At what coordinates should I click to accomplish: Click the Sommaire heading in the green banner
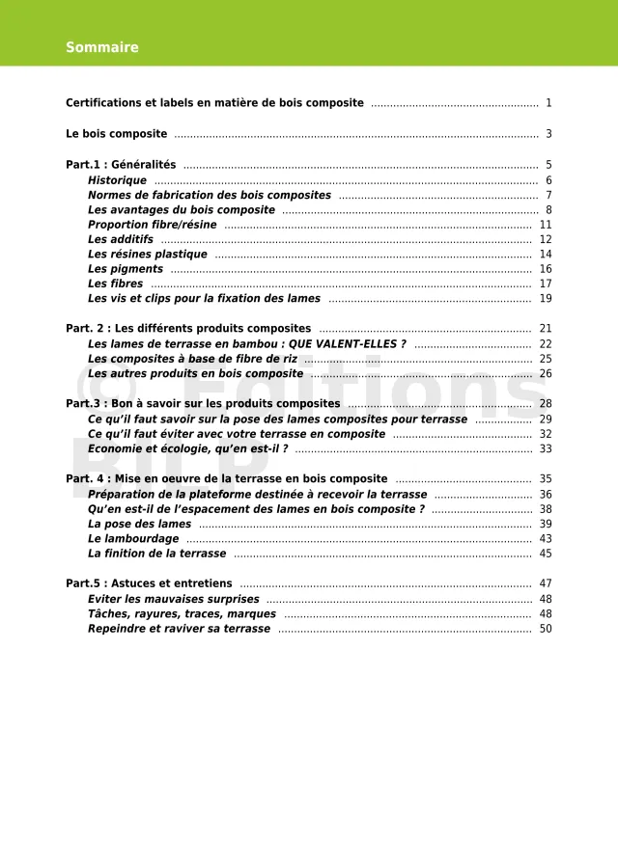click(x=102, y=47)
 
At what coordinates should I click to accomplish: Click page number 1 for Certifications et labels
click(x=548, y=103)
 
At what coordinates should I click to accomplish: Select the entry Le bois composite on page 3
click(x=117, y=134)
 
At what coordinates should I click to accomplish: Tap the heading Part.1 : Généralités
click(x=121, y=165)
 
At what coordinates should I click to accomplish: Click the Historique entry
click(x=117, y=180)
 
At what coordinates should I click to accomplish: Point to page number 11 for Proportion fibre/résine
click(x=546, y=225)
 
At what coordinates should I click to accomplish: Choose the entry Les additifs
click(x=121, y=239)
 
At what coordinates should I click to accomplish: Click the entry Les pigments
click(x=126, y=269)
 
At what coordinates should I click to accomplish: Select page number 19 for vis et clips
click(x=546, y=299)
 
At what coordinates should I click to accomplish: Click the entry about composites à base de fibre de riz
click(x=192, y=359)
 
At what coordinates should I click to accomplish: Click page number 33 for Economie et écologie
click(x=546, y=448)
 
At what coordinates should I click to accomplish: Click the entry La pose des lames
click(x=139, y=524)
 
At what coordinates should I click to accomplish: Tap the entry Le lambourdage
click(x=133, y=539)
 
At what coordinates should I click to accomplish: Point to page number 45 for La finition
click(x=546, y=554)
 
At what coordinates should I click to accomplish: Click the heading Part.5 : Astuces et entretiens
click(x=149, y=583)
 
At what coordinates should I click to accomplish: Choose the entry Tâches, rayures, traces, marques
click(x=182, y=613)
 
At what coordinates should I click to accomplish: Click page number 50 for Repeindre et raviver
click(x=546, y=629)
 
